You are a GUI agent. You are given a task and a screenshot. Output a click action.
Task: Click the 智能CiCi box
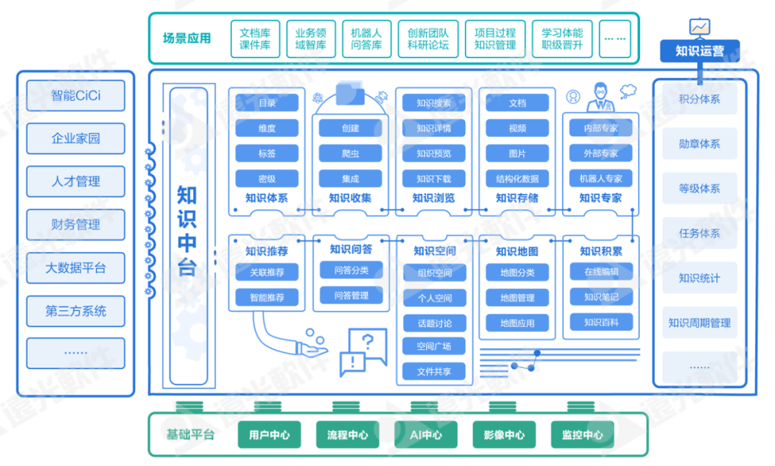click(75, 95)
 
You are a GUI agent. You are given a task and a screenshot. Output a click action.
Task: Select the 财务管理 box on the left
click(75, 224)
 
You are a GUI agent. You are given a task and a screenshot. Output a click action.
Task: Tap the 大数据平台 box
click(75, 268)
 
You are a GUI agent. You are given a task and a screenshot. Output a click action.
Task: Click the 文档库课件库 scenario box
click(255, 39)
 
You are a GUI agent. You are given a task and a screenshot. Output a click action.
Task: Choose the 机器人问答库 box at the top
click(366, 39)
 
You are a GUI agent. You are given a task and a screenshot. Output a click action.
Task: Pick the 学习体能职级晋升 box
click(562, 39)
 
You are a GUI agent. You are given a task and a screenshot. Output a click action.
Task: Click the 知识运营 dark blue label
click(699, 51)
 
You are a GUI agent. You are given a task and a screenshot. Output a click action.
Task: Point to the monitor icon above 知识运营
click(699, 27)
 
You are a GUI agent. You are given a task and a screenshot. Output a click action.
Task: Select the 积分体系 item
click(699, 100)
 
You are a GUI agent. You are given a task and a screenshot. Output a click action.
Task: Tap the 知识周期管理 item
click(699, 323)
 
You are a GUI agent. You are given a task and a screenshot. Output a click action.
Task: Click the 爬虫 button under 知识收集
click(350, 153)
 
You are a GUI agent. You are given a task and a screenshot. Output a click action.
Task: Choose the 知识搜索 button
click(433, 103)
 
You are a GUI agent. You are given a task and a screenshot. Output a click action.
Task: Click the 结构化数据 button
click(517, 179)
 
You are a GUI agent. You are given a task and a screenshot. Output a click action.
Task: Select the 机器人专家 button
click(600, 179)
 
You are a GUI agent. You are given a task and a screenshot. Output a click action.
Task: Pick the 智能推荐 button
click(267, 297)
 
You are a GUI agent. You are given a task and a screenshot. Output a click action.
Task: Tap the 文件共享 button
click(433, 371)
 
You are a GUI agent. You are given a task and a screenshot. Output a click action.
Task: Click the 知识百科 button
click(600, 321)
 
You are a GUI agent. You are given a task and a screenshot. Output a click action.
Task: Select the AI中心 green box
click(427, 434)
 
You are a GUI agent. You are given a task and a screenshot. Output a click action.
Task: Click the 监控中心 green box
click(583, 434)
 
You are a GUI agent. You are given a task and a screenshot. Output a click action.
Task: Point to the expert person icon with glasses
click(601, 97)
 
